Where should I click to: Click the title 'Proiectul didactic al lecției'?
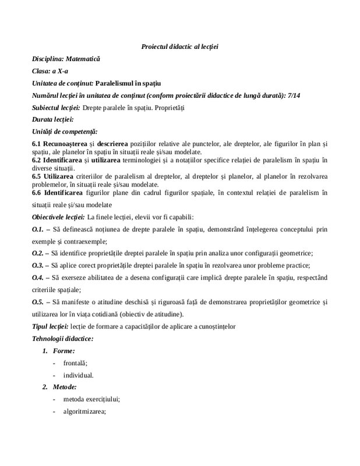point(179,46)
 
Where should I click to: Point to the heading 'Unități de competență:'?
point(65,132)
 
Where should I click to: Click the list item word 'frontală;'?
point(75,362)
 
